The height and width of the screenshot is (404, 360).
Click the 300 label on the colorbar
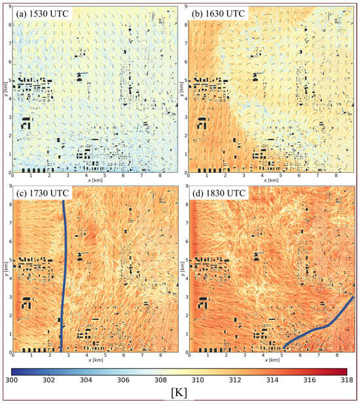(12, 379)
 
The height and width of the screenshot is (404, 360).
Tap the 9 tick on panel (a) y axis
(9, 7)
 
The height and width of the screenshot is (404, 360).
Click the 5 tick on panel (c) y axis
(9, 259)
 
